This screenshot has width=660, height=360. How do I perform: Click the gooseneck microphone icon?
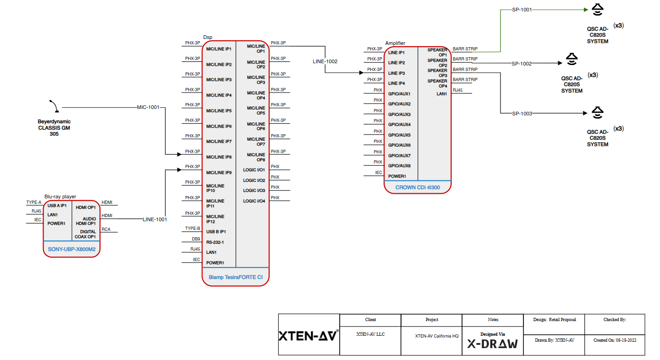click(54, 106)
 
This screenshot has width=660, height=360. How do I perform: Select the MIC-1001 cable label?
click(148, 108)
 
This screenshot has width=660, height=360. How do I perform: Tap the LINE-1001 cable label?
click(154, 219)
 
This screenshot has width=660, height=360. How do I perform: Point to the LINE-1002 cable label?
click(325, 61)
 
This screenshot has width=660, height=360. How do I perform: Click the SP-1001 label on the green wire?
click(522, 9)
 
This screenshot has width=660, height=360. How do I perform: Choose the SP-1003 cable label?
click(522, 114)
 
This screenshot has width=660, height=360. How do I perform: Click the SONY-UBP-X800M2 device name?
click(71, 249)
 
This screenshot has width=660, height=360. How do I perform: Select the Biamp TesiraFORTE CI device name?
click(236, 277)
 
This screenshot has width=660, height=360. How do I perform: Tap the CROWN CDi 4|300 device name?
click(418, 187)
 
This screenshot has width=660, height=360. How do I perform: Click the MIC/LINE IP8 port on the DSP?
click(219, 157)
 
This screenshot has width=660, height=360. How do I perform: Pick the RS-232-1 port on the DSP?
click(215, 242)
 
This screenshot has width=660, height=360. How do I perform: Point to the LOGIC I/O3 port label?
click(254, 191)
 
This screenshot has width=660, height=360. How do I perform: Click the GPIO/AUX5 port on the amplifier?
click(399, 135)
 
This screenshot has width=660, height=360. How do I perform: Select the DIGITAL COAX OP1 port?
click(85, 235)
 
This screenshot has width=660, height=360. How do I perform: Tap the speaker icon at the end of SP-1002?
click(571, 59)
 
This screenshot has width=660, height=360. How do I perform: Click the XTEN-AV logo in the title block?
click(308, 336)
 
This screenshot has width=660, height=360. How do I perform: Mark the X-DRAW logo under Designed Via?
click(492, 344)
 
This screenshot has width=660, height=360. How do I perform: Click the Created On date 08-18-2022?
click(615, 340)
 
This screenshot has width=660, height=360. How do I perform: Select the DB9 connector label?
click(196, 239)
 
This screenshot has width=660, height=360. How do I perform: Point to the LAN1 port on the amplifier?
click(442, 94)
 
